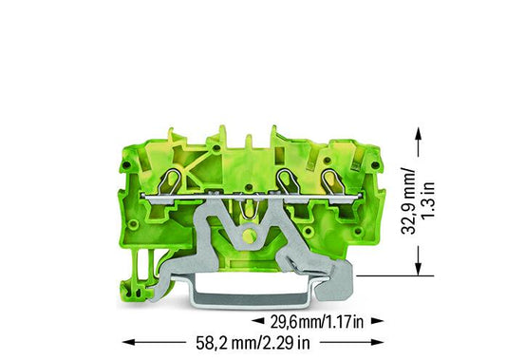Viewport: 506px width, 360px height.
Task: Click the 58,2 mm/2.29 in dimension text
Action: [x=253, y=343]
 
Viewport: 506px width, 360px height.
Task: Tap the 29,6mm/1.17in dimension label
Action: [x=317, y=322]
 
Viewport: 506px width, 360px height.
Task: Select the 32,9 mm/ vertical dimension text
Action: [x=408, y=200]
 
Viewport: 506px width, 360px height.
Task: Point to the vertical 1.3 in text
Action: [x=428, y=200]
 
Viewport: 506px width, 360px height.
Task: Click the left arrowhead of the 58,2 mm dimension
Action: [x=128, y=342]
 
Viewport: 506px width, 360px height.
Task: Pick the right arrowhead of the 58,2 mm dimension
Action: [x=377, y=342]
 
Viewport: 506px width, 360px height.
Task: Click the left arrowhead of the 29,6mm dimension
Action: [x=258, y=321]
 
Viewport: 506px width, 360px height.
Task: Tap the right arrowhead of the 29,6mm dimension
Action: [x=377, y=321]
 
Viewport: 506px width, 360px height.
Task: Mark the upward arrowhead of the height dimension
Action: [x=419, y=133]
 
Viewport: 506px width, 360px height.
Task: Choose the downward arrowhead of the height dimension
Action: [x=419, y=269]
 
